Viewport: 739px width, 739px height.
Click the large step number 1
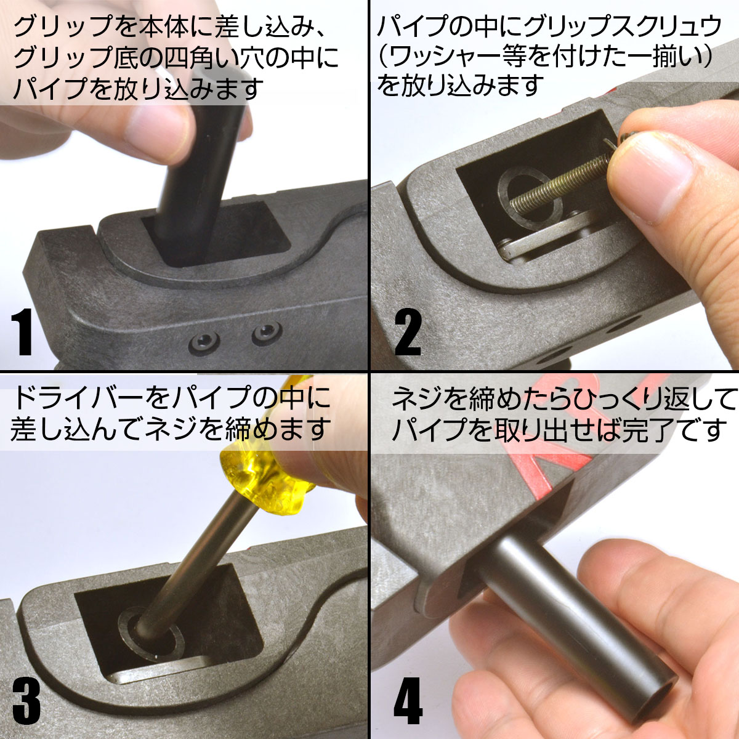tap(22, 332)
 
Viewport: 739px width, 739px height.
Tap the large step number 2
tap(408, 332)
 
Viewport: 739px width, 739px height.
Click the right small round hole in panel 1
tap(267, 333)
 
